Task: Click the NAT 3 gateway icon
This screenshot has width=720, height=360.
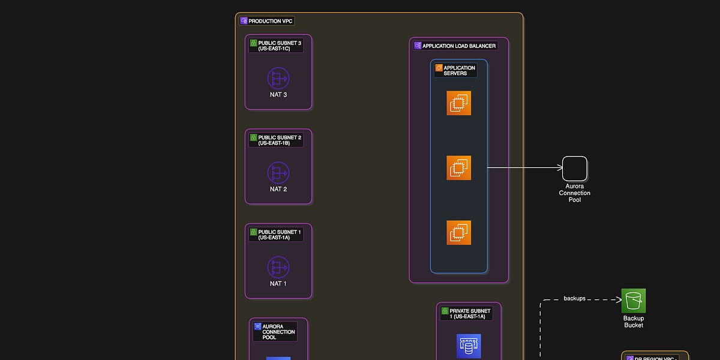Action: click(278, 78)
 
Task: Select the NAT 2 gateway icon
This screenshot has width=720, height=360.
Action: click(278, 173)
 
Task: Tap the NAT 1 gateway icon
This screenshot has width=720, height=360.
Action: click(278, 267)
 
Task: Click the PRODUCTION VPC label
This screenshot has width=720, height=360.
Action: click(266, 21)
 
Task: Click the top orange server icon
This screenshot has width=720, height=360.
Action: click(458, 103)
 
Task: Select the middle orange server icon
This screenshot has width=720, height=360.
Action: click(458, 168)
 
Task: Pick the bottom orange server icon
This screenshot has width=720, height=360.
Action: click(458, 233)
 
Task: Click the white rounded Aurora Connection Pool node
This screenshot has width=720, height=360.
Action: click(574, 169)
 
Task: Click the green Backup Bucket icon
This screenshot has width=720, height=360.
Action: click(634, 301)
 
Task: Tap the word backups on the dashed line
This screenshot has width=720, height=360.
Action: click(574, 298)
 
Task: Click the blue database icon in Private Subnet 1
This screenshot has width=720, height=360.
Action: click(468, 346)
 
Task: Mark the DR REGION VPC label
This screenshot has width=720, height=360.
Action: click(655, 358)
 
